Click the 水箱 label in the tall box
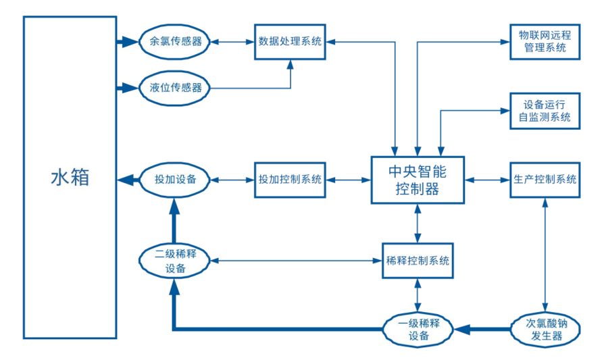tap(70, 178)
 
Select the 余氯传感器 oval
tap(176, 41)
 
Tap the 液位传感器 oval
tap(176, 88)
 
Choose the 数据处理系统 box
tap(290, 42)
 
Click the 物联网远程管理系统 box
tap(544, 42)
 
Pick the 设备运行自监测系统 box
tap(544, 111)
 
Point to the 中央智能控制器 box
tap(417, 180)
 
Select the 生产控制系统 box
tap(544, 180)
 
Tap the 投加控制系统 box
tap(290, 180)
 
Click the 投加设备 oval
tap(176, 180)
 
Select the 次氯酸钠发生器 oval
tap(544, 330)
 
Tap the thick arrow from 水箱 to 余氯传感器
tap(128, 42)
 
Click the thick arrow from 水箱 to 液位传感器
tap(128, 88)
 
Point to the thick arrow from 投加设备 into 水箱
tap(128, 180)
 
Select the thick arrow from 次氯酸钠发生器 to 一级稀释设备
tap(482, 330)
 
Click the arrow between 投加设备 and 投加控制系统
tap(232, 180)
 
